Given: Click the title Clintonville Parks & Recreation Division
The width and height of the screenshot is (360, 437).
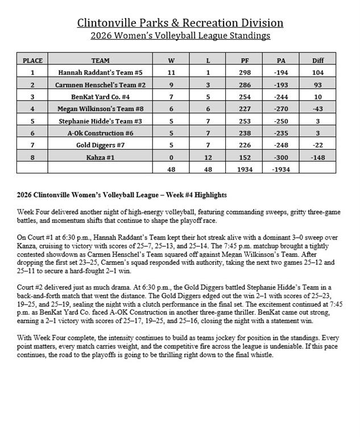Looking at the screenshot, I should pos(180,23).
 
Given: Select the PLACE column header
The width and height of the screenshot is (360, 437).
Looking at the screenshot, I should pos(32,60).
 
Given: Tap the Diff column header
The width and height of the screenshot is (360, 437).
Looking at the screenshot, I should pos(318,60).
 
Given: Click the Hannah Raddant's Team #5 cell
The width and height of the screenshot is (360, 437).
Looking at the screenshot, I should pos(100,72).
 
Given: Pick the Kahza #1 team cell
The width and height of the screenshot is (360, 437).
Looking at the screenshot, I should pos(100,157).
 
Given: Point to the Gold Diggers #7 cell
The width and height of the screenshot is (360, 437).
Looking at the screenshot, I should pos(100,145).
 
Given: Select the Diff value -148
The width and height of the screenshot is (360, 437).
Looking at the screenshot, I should pos(318,157).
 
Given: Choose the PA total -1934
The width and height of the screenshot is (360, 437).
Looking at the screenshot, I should pos(280,169).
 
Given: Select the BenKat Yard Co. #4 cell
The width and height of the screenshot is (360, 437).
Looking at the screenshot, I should pos(100,97).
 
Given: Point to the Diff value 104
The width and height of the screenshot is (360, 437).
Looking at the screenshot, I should pos(318,72).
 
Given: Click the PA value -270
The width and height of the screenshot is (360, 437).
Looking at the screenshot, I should pos(280,109).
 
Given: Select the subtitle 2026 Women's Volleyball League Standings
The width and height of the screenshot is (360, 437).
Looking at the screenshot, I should pos(180,36).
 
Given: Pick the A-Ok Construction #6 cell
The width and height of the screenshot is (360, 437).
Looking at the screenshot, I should pos(100,133).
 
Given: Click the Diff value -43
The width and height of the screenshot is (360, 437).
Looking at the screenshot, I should pos(318,109).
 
